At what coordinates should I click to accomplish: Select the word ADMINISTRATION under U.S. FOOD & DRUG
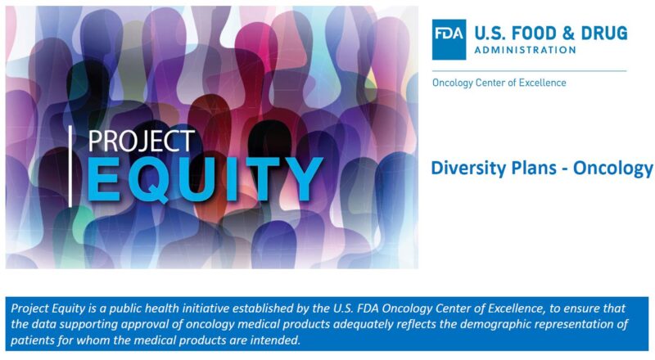[x=524, y=50]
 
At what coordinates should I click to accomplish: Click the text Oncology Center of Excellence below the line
[x=499, y=83]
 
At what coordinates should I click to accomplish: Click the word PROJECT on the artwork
[x=141, y=141]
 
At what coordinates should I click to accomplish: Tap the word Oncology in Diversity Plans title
[x=612, y=169]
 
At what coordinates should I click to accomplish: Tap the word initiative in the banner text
[x=183, y=308]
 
